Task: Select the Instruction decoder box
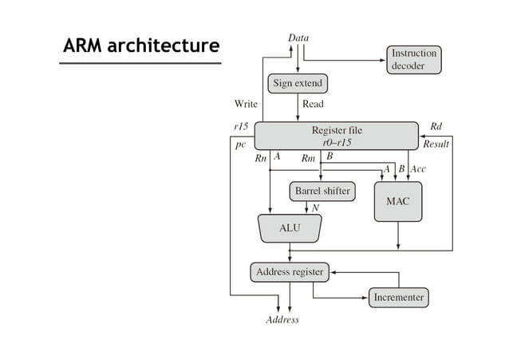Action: [x=414, y=60]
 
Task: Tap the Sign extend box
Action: [x=298, y=83]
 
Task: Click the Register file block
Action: [x=336, y=135]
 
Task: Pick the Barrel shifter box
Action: [x=322, y=192]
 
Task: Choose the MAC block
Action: [x=397, y=201]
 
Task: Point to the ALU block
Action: [x=290, y=228]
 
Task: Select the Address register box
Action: [x=290, y=272]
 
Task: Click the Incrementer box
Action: [x=399, y=298]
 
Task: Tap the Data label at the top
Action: [x=298, y=38]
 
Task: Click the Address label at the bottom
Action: [x=282, y=320]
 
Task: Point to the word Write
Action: [x=246, y=104]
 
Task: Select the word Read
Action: [x=313, y=104]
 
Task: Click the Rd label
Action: [x=436, y=126]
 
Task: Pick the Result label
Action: [x=436, y=144]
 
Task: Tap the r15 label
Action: [x=240, y=126]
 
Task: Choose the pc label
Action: [x=240, y=145]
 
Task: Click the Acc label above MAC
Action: [x=418, y=169]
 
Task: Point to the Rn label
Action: [x=261, y=158]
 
